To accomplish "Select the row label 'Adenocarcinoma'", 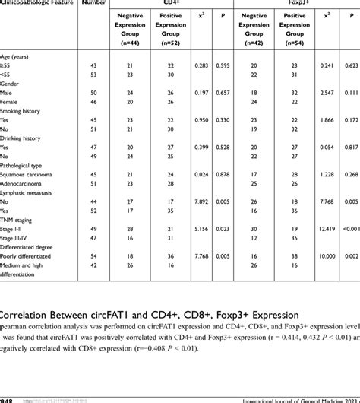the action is [x=27, y=184].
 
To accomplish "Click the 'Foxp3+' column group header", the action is [x=289, y=3].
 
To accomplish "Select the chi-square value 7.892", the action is [x=201, y=202].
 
